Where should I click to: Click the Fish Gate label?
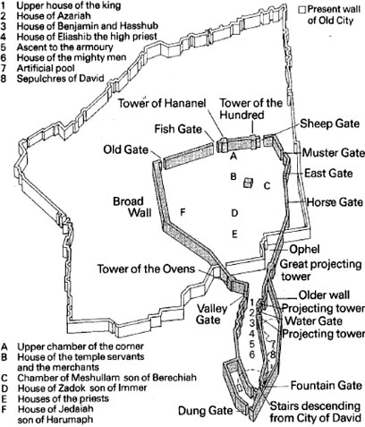pos(178,129)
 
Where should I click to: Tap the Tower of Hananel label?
pos(162,103)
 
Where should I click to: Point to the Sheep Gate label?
pos(329,124)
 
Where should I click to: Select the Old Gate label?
pos(125,149)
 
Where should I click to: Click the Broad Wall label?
pos(132,207)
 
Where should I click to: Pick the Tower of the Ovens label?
pos(146,269)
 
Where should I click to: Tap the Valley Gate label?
pos(212,314)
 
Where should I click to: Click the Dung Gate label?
pos(205,411)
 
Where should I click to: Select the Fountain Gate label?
pos(327,386)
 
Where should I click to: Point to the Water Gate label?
pos(314,321)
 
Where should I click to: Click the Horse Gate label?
pos(335,202)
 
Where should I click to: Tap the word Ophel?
pos(304,250)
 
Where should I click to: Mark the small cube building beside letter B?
pos(248,183)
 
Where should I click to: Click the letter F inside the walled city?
pos(182,212)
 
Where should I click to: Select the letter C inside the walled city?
pos(267,186)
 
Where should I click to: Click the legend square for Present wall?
pos(302,10)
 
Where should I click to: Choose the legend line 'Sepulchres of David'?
pos(60,79)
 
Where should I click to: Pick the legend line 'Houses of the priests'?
pos(63,398)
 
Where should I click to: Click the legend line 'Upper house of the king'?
pos(69,5)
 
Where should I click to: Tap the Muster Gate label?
pos(334,153)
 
